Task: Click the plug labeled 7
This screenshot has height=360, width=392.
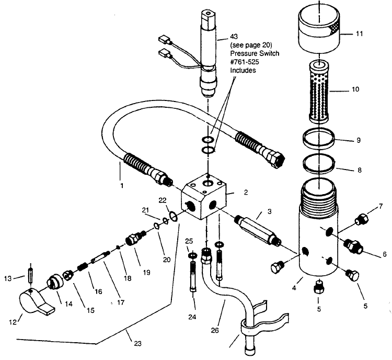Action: (x=360, y=220)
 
